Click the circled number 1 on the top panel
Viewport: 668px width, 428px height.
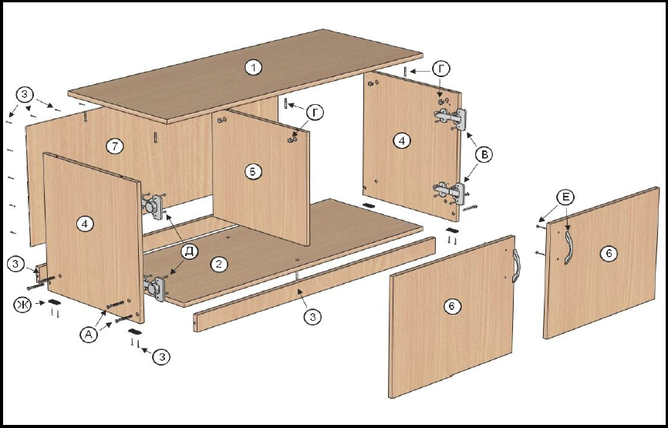(254, 68)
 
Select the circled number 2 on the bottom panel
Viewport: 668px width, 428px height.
(218, 265)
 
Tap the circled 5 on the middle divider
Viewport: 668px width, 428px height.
(253, 172)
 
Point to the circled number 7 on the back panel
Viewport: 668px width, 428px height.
(115, 147)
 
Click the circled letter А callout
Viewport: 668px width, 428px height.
(88, 335)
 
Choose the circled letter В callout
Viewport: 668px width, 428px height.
(484, 156)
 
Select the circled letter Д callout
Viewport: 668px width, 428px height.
(189, 251)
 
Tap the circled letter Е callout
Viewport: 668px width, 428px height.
(565, 197)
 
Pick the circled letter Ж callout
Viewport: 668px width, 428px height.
(22, 305)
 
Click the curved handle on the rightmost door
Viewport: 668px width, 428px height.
(568, 247)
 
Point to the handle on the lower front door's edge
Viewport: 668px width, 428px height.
(517, 266)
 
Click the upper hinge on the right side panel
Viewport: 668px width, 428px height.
(451, 116)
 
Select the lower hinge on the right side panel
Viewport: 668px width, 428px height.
(450, 191)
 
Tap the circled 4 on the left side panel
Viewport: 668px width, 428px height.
(85, 224)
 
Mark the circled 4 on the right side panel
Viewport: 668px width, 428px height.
(402, 140)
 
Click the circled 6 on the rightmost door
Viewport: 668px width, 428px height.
(608, 254)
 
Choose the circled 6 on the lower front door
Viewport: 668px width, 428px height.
(452, 306)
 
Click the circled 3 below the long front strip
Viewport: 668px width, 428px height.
(312, 317)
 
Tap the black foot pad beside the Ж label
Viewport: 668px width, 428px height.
(55, 302)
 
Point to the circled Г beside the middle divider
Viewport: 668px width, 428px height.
(315, 113)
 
